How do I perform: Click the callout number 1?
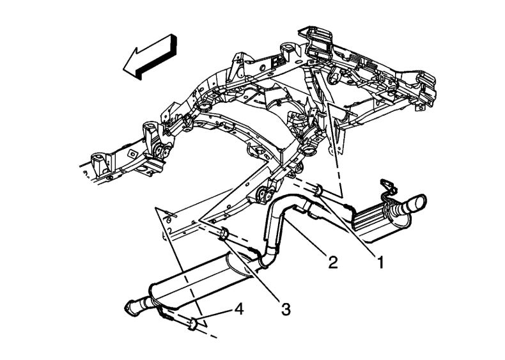[x=379, y=262]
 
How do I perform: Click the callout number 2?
[x=332, y=261]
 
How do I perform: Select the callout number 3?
[x=285, y=309]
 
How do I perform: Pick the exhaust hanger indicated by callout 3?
[x=224, y=235]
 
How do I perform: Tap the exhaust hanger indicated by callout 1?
[x=317, y=189]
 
